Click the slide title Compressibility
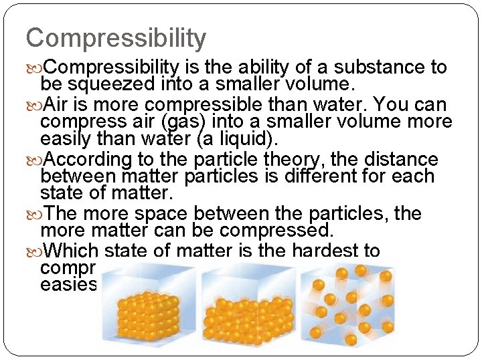click(x=116, y=39)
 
